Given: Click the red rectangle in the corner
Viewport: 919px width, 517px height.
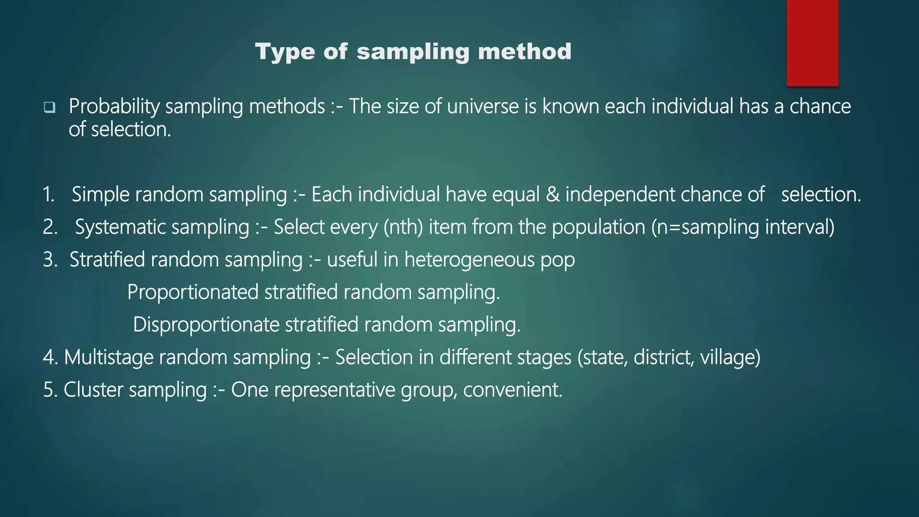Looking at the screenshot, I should (812, 43).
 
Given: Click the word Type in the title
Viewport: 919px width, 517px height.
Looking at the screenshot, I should (285, 52).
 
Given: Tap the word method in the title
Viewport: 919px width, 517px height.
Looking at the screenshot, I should (525, 52).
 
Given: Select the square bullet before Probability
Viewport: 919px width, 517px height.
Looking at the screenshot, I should (49, 107).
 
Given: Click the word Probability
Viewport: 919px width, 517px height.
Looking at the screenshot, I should (114, 107).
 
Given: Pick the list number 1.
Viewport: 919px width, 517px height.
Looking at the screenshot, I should (48, 195).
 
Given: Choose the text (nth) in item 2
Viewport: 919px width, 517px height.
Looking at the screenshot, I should (403, 227).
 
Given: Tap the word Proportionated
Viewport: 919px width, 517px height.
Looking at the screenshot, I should (193, 293).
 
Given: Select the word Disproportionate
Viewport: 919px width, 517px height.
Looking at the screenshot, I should (206, 325).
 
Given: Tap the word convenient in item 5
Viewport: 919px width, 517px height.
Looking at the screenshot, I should (512, 390).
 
